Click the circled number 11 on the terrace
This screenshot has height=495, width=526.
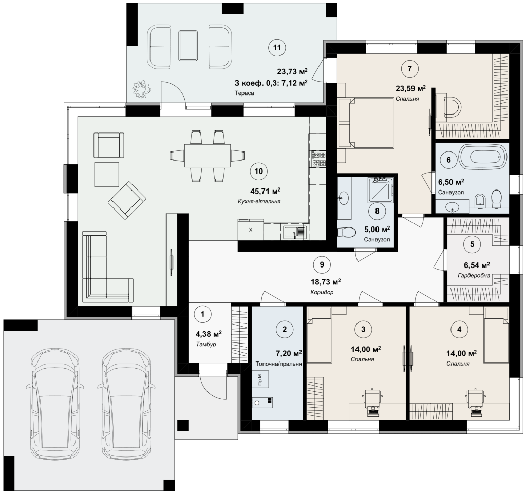tap(277, 48)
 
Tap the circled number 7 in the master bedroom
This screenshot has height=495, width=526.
tap(409, 69)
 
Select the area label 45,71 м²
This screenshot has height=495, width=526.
tap(265, 191)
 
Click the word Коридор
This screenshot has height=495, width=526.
tap(322, 292)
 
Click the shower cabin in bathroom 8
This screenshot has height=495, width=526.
tap(381, 191)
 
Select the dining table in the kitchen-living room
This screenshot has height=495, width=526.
tap(208, 156)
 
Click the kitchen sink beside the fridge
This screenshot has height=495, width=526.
tap(294, 232)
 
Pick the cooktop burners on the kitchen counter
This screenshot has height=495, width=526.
tap(318, 159)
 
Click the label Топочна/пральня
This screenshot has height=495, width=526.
tap(279, 364)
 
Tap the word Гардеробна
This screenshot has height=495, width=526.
tap(474, 276)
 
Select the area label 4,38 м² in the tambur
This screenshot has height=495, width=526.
tap(209, 334)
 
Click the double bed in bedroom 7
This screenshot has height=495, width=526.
tap(366, 123)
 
